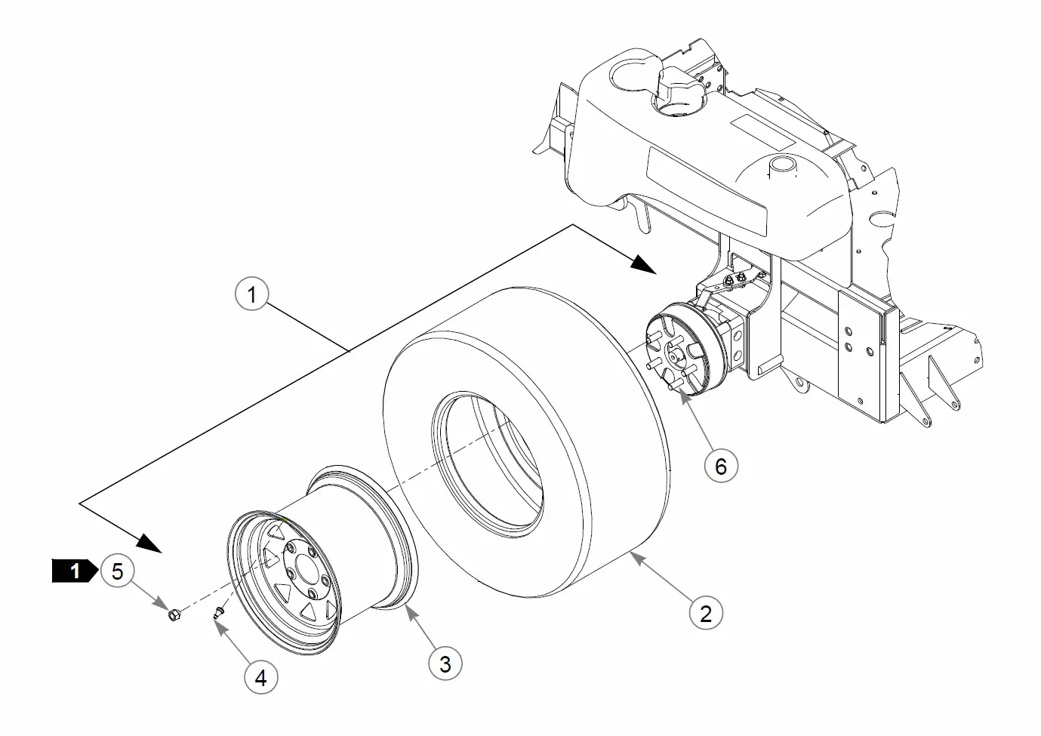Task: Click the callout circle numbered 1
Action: [x=252, y=294]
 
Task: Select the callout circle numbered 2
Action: [x=706, y=612]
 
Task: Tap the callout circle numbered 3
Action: [x=445, y=664]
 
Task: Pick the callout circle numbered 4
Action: [x=260, y=678]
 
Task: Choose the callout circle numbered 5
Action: [x=117, y=571]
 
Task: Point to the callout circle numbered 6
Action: [x=720, y=466]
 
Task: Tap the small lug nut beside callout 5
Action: [x=173, y=613]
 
